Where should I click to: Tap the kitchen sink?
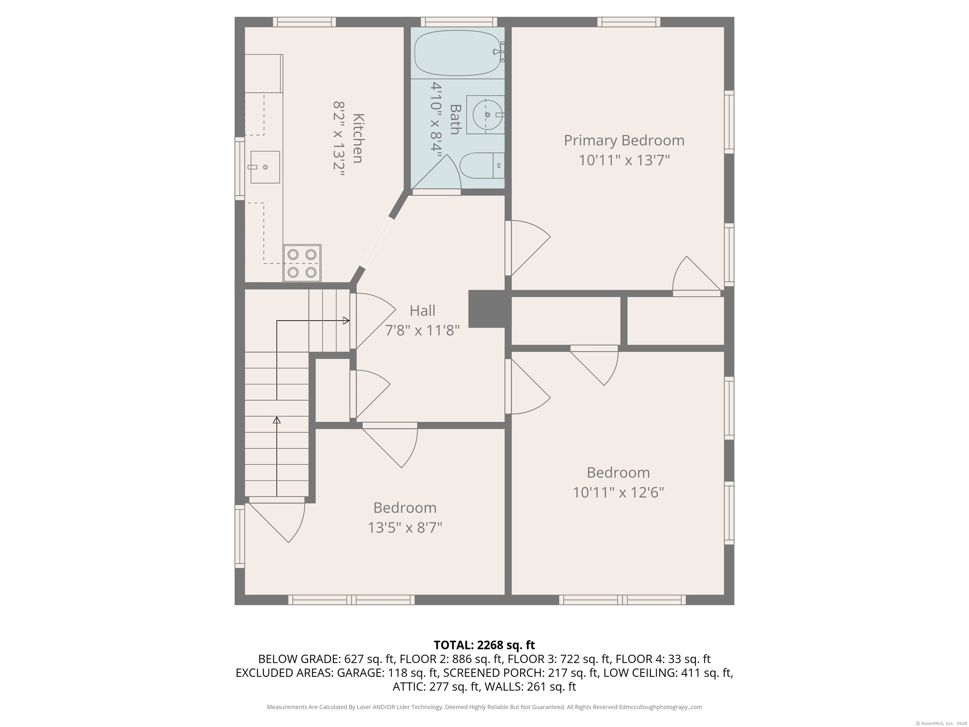265,167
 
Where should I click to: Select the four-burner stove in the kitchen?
302,263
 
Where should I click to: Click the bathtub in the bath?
457,53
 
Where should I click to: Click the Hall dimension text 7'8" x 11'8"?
422,330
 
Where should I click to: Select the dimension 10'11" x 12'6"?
618,493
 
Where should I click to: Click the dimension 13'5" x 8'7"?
405,528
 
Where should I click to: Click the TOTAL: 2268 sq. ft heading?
484,645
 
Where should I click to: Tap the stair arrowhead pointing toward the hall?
346,321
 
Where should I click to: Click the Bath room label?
455,119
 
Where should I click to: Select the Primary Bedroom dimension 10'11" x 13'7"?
624,160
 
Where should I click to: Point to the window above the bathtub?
459,22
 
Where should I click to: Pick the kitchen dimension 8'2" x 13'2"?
339,139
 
